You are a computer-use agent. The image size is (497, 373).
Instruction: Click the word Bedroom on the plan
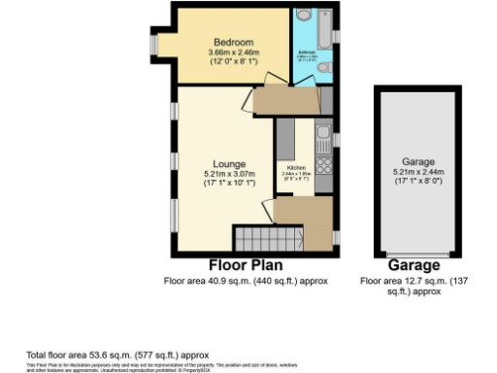(234, 43)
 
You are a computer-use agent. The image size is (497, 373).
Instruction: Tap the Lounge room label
(230, 163)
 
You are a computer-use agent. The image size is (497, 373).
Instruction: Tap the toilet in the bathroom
(328, 67)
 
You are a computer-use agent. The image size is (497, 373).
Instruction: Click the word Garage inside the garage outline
(418, 161)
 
